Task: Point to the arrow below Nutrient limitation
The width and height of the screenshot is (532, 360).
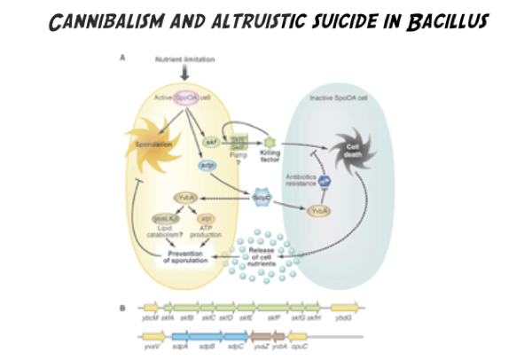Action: click(185, 73)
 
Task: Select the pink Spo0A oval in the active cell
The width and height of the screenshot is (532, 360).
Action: click(186, 97)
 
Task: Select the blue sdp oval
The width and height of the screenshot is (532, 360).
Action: click(207, 165)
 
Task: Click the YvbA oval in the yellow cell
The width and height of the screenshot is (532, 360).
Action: click(186, 199)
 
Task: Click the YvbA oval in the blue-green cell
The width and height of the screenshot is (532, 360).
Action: click(319, 211)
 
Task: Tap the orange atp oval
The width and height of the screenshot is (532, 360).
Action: click(207, 218)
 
